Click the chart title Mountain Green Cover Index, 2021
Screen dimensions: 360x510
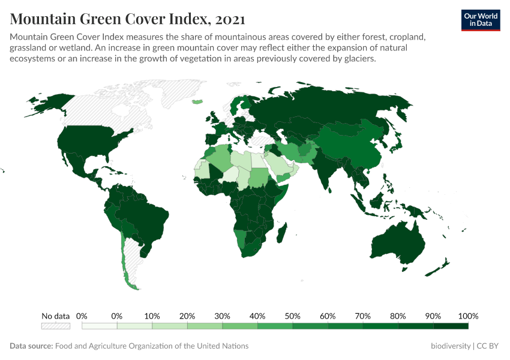point(127,19)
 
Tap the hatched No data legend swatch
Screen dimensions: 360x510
point(55,326)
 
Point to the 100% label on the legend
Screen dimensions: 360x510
point(467,316)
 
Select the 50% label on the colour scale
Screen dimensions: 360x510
point(292,316)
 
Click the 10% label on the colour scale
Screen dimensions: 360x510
point(152,316)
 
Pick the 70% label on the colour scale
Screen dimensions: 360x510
point(362,316)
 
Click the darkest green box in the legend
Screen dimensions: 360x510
point(450,326)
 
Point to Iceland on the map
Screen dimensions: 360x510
point(197,101)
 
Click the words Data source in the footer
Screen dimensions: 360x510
point(31,346)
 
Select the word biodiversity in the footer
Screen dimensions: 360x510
point(451,346)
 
